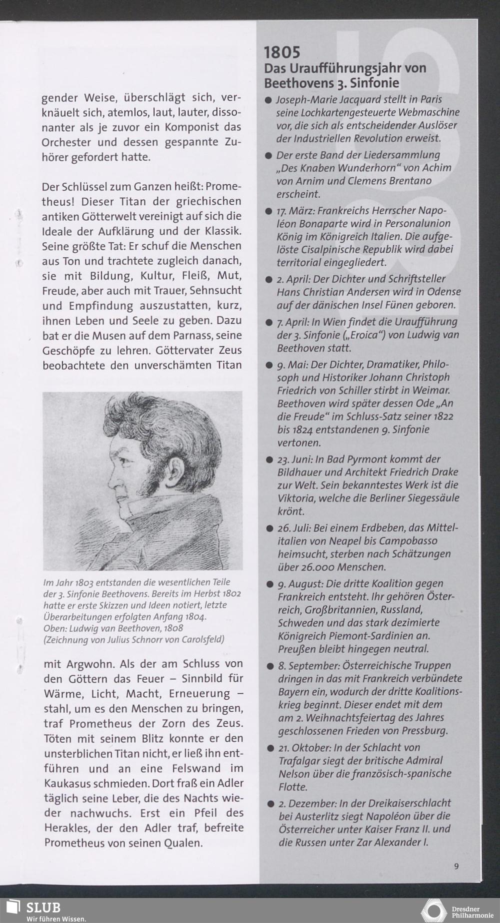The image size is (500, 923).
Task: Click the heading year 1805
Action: coord(282,52)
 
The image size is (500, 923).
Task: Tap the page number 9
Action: coord(456,866)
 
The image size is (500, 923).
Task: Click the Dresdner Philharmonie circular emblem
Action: coord(433,911)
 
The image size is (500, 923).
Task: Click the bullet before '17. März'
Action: coord(268,211)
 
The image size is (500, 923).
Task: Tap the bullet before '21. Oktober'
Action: coord(270,748)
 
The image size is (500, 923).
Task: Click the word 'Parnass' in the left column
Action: coord(188,335)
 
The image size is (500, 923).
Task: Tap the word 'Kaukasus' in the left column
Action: coord(68,783)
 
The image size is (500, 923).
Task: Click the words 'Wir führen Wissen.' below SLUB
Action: coord(56,919)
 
